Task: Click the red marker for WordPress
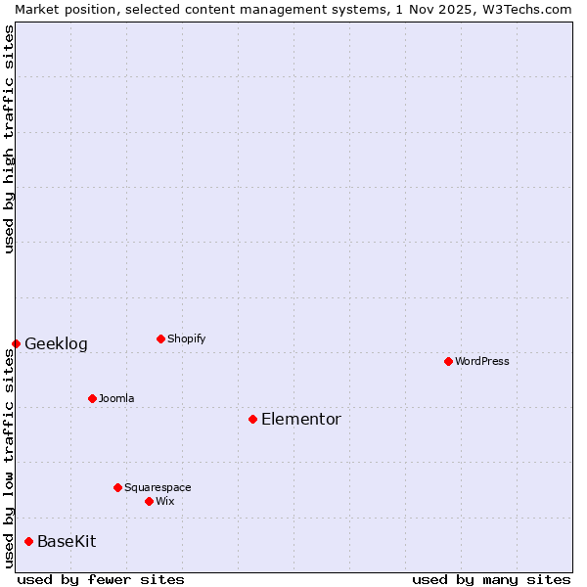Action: pos(448,361)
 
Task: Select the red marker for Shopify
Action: pos(160,339)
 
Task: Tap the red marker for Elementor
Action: pos(252,419)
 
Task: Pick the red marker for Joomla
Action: pos(92,398)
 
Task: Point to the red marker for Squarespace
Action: pos(117,487)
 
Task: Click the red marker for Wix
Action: pos(149,501)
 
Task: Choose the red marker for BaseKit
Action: pos(28,541)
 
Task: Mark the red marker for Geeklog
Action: pos(16,343)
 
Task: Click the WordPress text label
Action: pos(482,361)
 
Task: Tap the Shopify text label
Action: pos(187,339)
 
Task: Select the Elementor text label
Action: pos(301,419)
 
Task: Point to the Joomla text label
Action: pos(116,398)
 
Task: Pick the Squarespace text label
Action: pos(158,487)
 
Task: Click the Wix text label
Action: pos(165,501)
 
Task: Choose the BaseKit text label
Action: pos(67,541)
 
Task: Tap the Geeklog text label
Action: pos(56,343)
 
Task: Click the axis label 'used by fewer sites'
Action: pos(101,579)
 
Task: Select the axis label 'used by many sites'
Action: pos(491,579)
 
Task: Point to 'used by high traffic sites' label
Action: pos(9,140)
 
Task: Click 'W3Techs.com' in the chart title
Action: pos(523,9)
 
